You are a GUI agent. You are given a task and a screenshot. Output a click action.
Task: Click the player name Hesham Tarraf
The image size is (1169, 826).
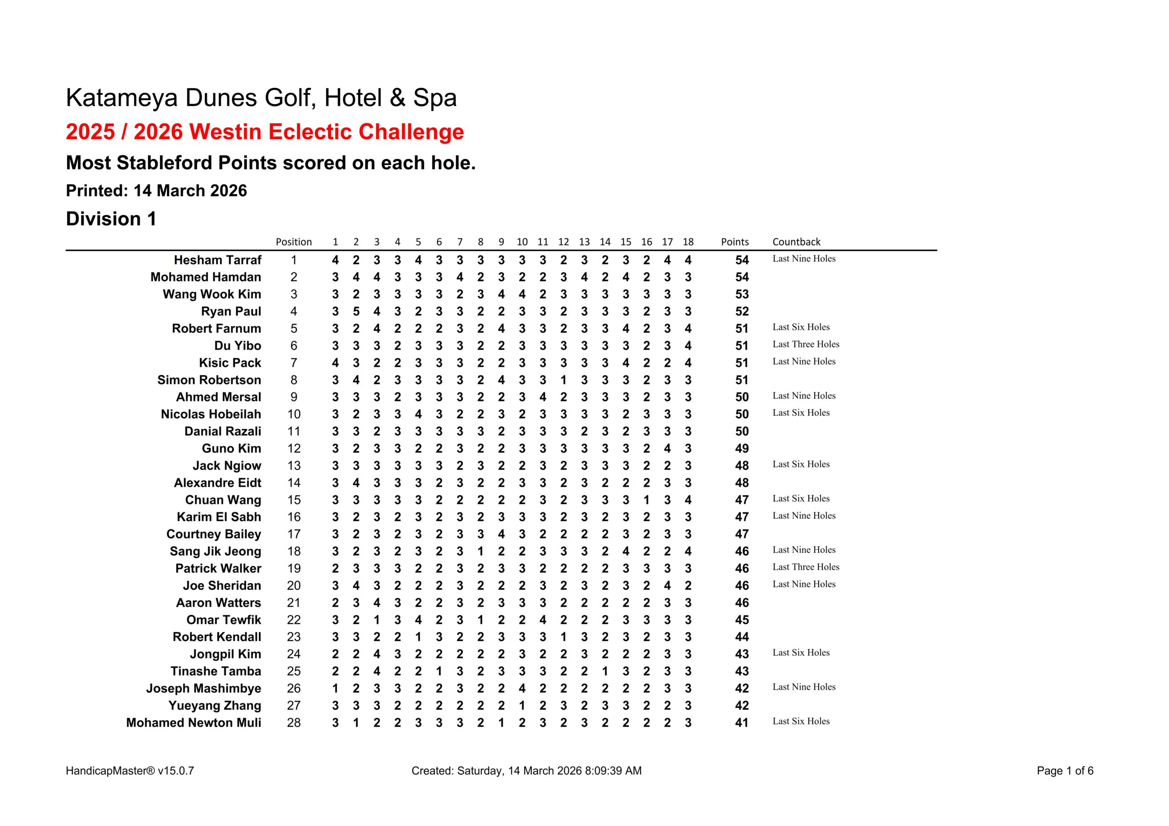(217, 260)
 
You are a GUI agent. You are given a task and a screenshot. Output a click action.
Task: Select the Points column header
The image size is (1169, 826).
(734, 242)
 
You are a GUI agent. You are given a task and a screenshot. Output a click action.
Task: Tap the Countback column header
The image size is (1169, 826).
(796, 242)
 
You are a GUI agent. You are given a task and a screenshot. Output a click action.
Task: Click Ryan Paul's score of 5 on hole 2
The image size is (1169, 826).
(356, 312)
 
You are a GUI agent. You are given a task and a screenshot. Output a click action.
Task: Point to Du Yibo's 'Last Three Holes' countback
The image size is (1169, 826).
(806, 344)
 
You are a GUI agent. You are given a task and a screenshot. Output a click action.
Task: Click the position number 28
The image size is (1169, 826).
(294, 723)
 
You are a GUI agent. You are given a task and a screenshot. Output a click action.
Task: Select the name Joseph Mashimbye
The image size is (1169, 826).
(204, 689)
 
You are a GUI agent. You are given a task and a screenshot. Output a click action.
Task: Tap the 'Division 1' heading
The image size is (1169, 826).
(111, 219)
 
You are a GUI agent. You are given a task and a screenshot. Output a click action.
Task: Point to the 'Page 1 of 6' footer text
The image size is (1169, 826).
(1064, 771)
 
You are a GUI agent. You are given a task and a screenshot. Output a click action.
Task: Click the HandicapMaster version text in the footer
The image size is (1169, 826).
(130, 771)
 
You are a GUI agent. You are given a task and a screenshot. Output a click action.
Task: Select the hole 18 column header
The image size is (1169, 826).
(688, 242)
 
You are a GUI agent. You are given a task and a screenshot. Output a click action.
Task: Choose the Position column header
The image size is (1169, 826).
(293, 242)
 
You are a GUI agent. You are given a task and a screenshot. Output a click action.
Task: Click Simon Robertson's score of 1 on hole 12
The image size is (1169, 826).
(563, 380)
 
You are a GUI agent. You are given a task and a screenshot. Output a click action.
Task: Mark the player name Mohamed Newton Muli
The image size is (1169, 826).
(194, 723)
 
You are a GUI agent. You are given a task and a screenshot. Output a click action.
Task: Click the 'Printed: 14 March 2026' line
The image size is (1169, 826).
(156, 190)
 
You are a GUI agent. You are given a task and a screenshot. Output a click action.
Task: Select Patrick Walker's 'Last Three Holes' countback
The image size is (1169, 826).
(806, 567)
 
